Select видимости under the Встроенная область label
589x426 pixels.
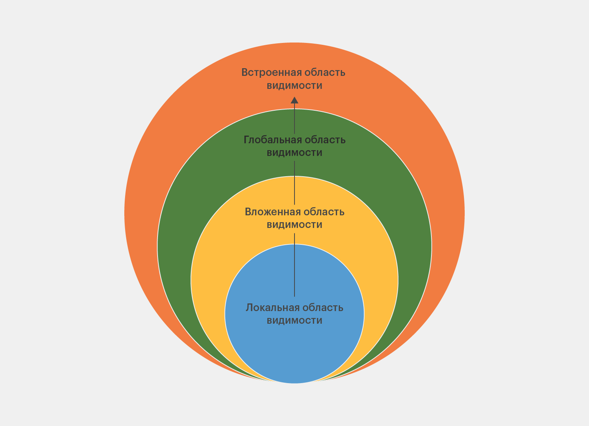pyautogui.click(x=294, y=85)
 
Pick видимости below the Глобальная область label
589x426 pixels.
pyautogui.click(x=294, y=152)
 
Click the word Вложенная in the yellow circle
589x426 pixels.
pyautogui.click(x=272, y=212)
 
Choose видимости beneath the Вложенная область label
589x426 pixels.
pyautogui.click(x=294, y=224)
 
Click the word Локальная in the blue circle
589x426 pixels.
pyautogui.click(x=272, y=308)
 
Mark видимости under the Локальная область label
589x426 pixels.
pyautogui.click(x=294, y=320)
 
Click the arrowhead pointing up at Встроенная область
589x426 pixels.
pyautogui.click(x=294, y=100)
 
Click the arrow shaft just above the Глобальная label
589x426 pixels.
pyautogui.click(x=294, y=119)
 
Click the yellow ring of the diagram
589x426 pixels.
pyautogui.click(x=222, y=249)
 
